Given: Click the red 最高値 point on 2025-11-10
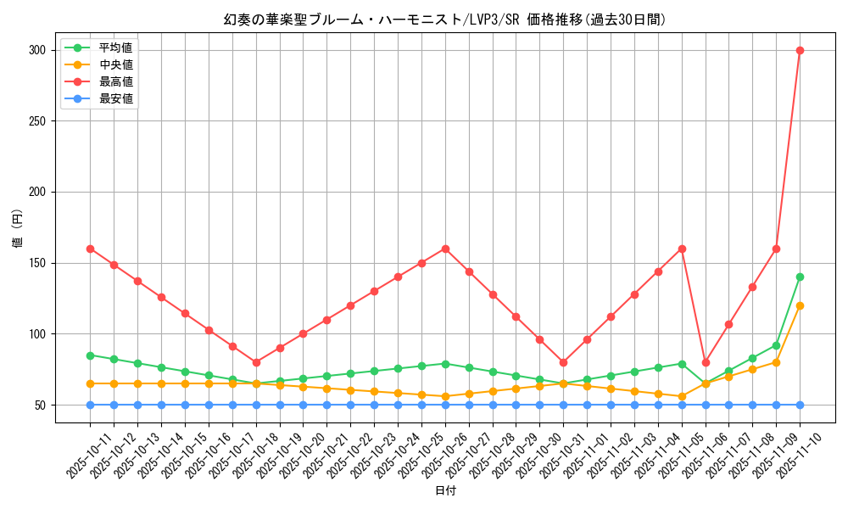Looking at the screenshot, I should click(800, 50).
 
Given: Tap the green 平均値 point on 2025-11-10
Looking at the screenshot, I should click(800, 277).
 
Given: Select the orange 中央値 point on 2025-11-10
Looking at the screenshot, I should click(800, 305).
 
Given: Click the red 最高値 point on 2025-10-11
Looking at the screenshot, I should click(90, 249).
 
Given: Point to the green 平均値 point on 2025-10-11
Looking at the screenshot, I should click(90, 355).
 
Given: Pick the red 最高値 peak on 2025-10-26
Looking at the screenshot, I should click(445, 249).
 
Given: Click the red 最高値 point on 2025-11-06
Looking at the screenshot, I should click(706, 362).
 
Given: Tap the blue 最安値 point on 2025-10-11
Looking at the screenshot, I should click(90, 405).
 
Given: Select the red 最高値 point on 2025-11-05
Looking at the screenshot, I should click(682, 249).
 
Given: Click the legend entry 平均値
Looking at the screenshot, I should click(115, 48).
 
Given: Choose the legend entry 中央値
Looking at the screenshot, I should click(115, 64).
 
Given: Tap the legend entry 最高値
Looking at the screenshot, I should click(115, 81).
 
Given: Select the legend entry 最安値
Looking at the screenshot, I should click(115, 98).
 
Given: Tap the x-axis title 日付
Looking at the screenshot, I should click(445, 491).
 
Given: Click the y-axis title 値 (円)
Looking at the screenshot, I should click(18, 229).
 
